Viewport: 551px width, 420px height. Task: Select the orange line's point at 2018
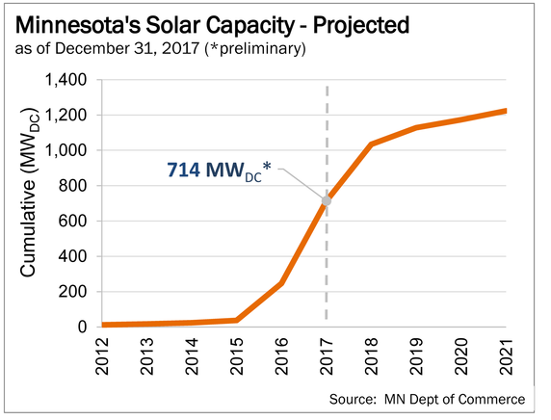tap(371, 144)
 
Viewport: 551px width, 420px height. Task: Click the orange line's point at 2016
tap(281, 283)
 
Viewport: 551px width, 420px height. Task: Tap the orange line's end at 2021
tap(506, 111)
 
